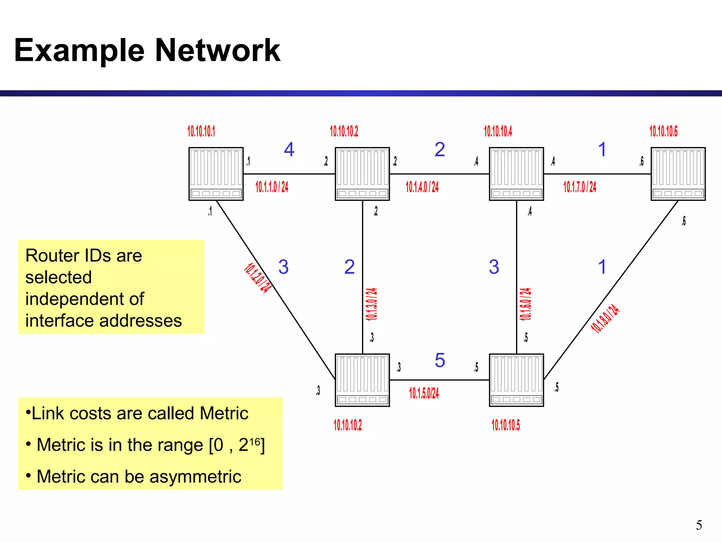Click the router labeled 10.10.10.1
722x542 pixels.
(x=216, y=174)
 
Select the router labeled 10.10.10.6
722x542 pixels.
(x=678, y=174)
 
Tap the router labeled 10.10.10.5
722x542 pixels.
(x=516, y=380)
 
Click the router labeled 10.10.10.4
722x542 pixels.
(x=516, y=174)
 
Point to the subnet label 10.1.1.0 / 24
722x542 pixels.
(x=272, y=187)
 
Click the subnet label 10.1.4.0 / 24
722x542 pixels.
(x=422, y=187)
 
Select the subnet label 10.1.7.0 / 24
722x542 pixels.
(x=580, y=187)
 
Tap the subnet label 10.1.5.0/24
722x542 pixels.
(x=424, y=393)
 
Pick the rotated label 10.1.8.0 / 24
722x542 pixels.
(x=605, y=319)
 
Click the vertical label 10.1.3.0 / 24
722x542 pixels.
(x=371, y=304)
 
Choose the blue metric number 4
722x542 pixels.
(x=289, y=150)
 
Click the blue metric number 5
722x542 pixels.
(x=440, y=360)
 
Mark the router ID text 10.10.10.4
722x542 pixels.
(x=498, y=131)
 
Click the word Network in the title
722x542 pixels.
(x=218, y=50)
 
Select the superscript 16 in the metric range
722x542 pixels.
(x=255, y=441)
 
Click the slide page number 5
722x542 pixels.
(x=699, y=525)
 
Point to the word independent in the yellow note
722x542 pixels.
(x=85, y=299)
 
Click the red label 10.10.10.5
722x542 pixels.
(x=506, y=425)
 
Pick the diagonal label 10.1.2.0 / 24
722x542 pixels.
(x=258, y=278)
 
